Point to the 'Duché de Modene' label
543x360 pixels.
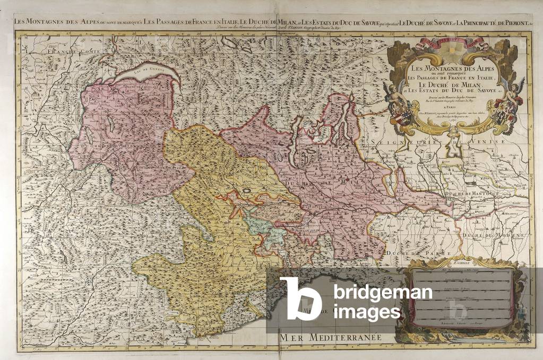click(x=480, y=234)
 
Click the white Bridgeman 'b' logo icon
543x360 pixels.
click(x=300, y=298)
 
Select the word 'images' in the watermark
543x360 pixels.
click(x=367, y=312)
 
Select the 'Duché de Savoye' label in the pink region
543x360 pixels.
click(x=101, y=147)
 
